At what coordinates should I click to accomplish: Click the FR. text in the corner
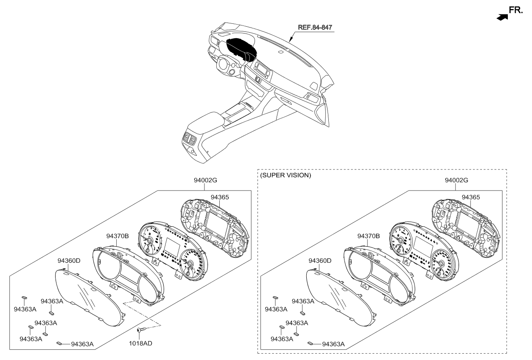(x=515, y=10)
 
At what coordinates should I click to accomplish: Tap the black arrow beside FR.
(x=502, y=17)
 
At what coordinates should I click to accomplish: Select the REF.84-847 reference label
(x=315, y=27)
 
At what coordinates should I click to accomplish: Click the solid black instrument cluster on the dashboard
(x=241, y=49)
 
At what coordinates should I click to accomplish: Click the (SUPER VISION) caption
(x=286, y=175)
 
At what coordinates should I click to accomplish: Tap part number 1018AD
(x=140, y=343)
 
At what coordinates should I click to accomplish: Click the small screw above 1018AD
(x=140, y=329)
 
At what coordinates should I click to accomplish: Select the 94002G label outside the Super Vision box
(x=205, y=180)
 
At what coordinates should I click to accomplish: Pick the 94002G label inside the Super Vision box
(x=456, y=180)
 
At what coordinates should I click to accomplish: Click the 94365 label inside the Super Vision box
(x=471, y=197)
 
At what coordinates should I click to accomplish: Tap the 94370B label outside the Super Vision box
(x=118, y=236)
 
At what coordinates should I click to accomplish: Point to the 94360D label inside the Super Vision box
(x=320, y=261)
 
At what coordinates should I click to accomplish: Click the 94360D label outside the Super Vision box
(x=69, y=261)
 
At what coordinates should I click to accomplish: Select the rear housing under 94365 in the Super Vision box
(x=466, y=228)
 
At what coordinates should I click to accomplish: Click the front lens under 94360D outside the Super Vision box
(x=90, y=298)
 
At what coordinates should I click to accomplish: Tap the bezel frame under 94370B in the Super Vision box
(x=380, y=275)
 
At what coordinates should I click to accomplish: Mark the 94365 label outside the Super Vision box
(x=220, y=197)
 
